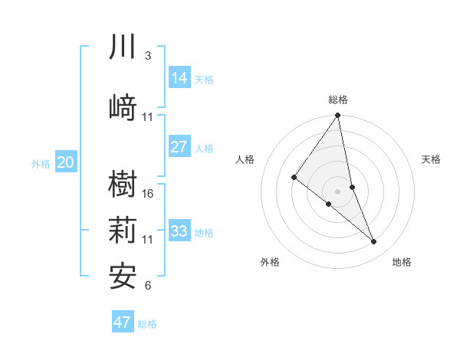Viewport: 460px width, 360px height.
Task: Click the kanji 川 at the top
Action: pyautogui.click(x=123, y=47)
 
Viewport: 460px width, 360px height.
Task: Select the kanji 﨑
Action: pyautogui.click(x=123, y=107)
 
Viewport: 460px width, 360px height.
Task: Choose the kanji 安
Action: pyautogui.click(x=123, y=276)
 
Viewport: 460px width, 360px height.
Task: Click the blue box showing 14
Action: pyautogui.click(x=179, y=78)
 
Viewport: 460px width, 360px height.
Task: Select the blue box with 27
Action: pyautogui.click(x=179, y=147)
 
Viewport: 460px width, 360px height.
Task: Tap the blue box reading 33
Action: pyautogui.click(x=179, y=231)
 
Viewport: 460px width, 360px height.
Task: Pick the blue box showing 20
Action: pyautogui.click(x=66, y=162)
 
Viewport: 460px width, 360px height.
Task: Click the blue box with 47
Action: pyautogui.click(x=123, y=322)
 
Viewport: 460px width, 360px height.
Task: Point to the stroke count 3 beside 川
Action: pyautogui.click(x=148, y=56)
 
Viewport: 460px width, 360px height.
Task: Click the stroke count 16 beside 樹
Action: pyautogui.click(x=148, y=194)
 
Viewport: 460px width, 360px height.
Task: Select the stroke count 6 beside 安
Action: pyautogui.click(x=148, y=286)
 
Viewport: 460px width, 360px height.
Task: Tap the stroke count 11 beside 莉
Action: pyautogui.click(x=148, y=240)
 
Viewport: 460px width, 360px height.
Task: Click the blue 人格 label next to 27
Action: pyautogui.click(x=204, y=148)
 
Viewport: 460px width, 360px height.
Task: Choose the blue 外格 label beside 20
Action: pyautogui.click(x=41, y=162)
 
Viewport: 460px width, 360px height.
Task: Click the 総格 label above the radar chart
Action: pyautogui.click(x=338, y=100)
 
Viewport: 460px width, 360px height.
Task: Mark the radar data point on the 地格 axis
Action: pyautogui.click(x=374, y=242)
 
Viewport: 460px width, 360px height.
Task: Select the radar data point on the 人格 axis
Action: pyautogui.click(x=294, y=178)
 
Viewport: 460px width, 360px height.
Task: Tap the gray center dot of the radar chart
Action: pyautogui.click(x=337, y=191)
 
